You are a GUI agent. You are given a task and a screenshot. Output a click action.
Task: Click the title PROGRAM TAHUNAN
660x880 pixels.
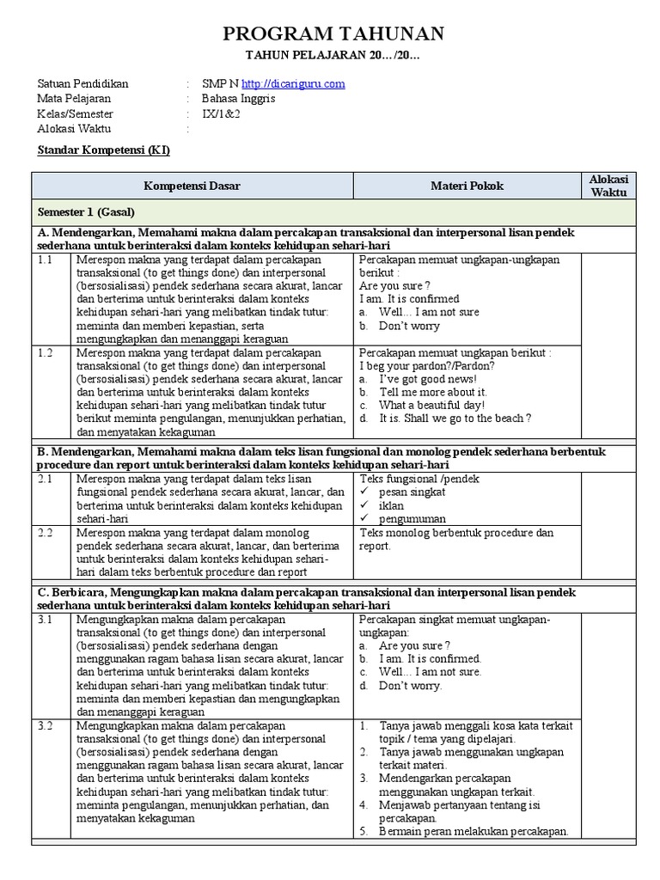tap(333, 34)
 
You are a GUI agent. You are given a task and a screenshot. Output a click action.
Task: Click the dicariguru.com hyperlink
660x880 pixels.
tap(293, 83)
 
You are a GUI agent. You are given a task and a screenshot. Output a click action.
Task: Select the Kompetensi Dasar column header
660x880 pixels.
tap(192, 186)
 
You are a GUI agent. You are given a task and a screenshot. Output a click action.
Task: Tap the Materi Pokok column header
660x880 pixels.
tap(467, 186)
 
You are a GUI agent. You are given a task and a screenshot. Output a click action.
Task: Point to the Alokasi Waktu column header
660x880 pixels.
tap(608, 186)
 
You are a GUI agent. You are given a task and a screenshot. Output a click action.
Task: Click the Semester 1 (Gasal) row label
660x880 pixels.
tap(85, 211)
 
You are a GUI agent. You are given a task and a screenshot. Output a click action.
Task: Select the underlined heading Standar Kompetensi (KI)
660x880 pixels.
tap(104, 150)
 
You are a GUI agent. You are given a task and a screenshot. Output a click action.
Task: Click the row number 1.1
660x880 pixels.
tap(46, 259)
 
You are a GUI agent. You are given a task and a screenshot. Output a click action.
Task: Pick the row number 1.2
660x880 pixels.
tap(46, 352)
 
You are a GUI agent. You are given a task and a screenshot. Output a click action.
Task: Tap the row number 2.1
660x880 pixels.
tap(46, 479)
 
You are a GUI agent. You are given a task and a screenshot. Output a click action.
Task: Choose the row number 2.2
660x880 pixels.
tap(46, 533)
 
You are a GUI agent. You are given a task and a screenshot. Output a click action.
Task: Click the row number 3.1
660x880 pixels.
tap(46, 620)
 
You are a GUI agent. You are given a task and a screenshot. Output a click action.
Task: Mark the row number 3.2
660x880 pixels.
tap(46, 726)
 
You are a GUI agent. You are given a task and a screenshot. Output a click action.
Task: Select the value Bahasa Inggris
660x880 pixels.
tap(245, 99)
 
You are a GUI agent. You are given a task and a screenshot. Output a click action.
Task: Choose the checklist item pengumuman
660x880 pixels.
tap(412, 519)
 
